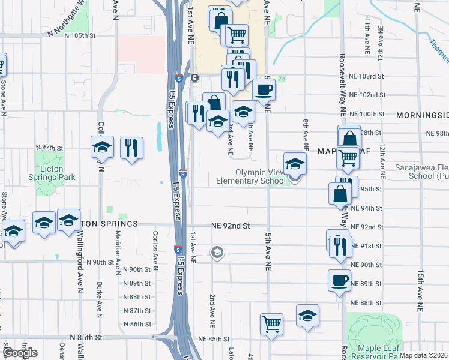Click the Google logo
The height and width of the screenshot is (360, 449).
point(20,353)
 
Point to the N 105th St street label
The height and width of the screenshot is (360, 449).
point(71,35)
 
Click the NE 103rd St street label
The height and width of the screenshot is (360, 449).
point(366,76)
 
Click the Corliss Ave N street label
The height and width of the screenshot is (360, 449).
point(155,248)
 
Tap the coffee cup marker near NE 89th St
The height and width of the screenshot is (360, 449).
point(340,280)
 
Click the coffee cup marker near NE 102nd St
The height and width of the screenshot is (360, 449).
point(264,90)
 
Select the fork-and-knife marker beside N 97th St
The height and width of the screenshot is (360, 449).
point(131,148)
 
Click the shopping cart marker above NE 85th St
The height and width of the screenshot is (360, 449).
point(271,324)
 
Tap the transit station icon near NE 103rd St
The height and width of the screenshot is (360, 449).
point(195,78)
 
